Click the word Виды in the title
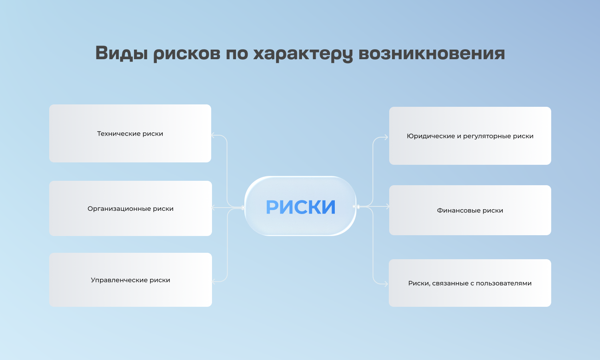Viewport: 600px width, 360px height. tap(122, 53)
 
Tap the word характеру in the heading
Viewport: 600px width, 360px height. tap(303, 54)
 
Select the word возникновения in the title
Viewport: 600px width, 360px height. tap(432, 53)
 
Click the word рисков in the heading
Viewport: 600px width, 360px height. tap(187, 54)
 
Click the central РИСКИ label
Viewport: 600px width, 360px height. tap(300, 207)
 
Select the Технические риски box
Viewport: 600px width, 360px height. tap(130, 133)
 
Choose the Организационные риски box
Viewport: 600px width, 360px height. tap(130, 208)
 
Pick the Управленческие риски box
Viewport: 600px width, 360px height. tap(130, 280)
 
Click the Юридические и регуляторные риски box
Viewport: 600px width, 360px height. tap(470, 136)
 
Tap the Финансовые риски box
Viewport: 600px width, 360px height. tap(470, 210)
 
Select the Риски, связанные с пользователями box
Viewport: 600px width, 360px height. tap(470, 283)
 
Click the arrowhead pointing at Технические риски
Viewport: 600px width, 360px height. tap(213, 135)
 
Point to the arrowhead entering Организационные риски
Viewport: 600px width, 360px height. tap(213, 208)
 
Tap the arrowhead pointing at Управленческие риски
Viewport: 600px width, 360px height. tap(214, 281)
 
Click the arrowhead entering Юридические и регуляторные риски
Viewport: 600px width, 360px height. tap(386, 138)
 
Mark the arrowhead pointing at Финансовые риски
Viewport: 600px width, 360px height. tap(387, 206)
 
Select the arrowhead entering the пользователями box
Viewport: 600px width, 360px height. tap(386, 284)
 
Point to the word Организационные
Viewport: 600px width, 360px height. tap(119, 209)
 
